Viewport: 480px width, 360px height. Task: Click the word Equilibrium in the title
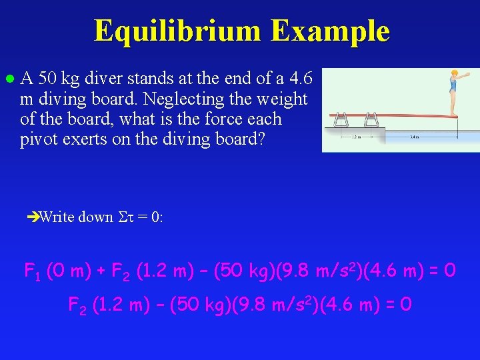click(178, 31)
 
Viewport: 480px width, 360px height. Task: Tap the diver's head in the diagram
click(455, 73)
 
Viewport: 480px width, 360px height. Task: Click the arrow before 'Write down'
click(33, 217)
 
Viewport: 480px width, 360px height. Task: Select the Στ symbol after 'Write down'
click(127, 217)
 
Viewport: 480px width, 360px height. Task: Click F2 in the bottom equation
click(77, 305)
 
